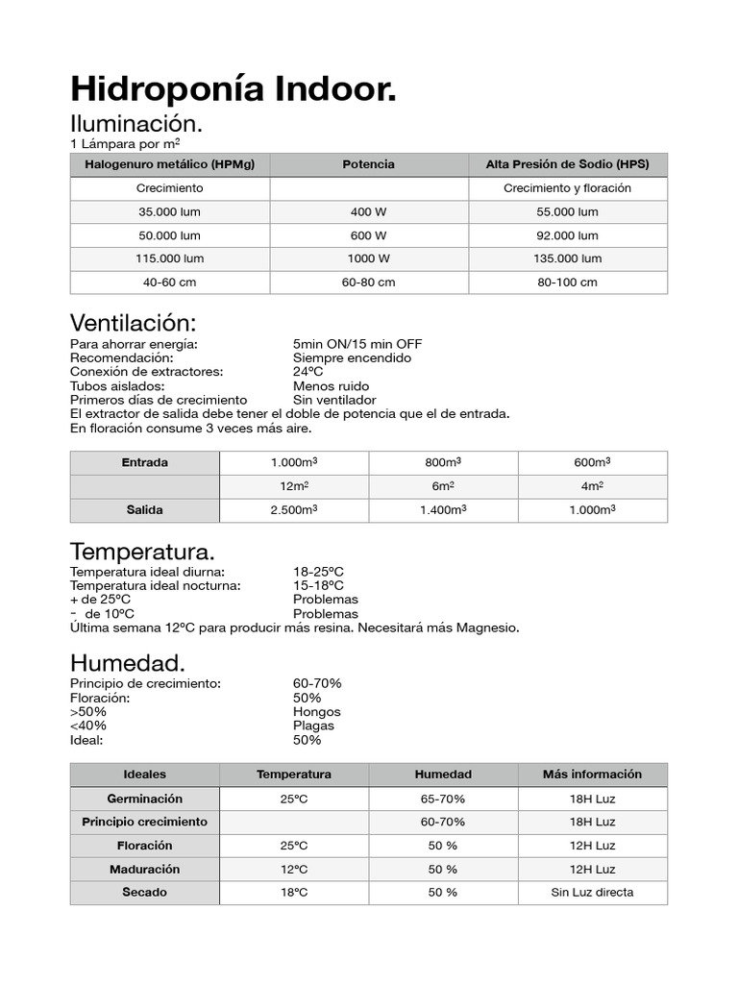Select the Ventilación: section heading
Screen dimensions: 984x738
134,322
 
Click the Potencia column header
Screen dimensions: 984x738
368,164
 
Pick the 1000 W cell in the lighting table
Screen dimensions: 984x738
368,258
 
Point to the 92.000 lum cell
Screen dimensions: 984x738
567,235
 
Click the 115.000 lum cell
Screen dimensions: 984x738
169,258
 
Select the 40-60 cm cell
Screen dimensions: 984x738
169,283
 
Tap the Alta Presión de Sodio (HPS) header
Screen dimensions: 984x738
567,164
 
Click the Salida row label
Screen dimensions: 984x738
144,510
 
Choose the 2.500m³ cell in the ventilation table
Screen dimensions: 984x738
294,510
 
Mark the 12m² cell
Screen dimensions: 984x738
294,486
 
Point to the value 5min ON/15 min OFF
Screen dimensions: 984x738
357,344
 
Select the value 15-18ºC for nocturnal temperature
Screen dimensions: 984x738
318,585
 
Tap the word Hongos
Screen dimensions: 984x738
316,712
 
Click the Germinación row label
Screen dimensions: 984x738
144,799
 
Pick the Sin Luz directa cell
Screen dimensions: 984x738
592,892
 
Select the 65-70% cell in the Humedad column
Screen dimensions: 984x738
443,799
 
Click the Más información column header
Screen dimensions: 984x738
592,775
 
